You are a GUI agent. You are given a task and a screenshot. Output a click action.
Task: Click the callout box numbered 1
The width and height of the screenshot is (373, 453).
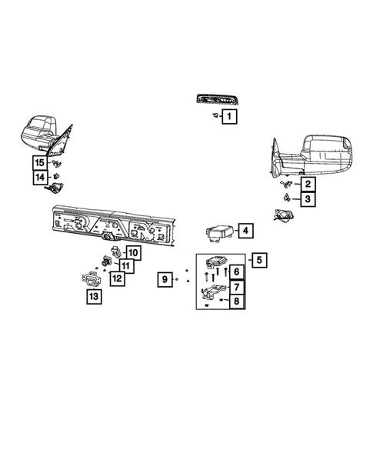tap(228, 117)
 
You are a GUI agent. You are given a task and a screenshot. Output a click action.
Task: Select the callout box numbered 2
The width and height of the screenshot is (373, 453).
tap(307, 184)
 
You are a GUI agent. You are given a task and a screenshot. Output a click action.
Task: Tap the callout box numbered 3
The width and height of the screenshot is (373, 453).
tap(307, 199)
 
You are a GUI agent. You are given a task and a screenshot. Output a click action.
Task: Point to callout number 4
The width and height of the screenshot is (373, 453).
tap(245, 230)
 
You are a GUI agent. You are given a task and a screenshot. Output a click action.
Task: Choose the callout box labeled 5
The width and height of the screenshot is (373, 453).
tap(259, 260)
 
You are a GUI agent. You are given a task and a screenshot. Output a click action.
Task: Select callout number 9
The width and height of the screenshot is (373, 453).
tap(164, 279)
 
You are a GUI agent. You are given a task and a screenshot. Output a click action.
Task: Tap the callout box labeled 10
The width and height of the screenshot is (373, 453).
tap(132, 252)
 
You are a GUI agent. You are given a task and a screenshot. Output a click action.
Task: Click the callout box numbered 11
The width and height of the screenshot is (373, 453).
tap(124, 265)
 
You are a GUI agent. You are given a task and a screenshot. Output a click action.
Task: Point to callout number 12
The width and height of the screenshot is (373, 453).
tap(115, 278)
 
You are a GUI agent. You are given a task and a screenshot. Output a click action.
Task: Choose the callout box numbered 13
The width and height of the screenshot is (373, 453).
tap(93, 296)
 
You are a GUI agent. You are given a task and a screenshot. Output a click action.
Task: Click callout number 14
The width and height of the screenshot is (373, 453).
tap(39, 178)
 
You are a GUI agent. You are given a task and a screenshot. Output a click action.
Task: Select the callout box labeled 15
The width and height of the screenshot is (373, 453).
tap(39, 162)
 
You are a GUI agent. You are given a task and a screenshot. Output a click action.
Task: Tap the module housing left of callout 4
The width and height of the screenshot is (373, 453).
tap(218, 232)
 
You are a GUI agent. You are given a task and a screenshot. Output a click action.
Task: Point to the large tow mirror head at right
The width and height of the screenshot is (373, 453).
tap(329, 151)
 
